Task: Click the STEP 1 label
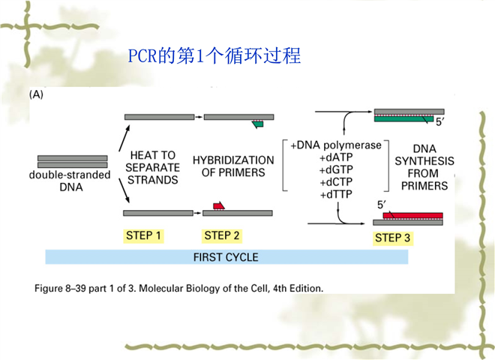(x=143, y=236)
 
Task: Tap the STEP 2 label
(x=221, y=236)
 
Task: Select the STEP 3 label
(x=392, y=238)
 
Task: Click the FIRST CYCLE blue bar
(x=226, y=257)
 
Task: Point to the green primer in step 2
(x=259, y=124)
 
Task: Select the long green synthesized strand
(x=403, y=118)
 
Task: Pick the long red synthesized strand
(x=413, y=216)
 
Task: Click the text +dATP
(x=336, y=157)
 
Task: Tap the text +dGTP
(x=336, y=169)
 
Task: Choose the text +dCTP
(x=336, y=182)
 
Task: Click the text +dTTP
(x=336, y=194)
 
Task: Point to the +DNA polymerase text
(x=336, y=145)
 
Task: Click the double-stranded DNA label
(x=70, y=181)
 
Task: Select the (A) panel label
(x=36, y=94)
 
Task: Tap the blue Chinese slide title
(x=214, y=55)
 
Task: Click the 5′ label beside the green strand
(x=440, y=122)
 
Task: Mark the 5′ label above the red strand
(x=382, y=205)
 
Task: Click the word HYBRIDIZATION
(x=233, y=160)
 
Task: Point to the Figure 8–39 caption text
(x=178, y=288)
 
